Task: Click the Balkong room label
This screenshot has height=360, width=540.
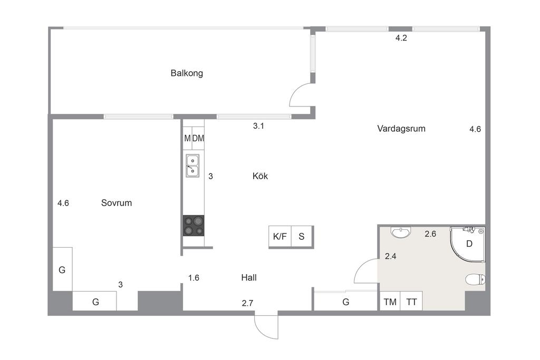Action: (187, 73)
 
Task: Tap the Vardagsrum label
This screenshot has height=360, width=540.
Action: (401, 128)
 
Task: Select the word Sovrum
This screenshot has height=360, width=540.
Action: (117, 202)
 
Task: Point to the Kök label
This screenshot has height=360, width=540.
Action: (260, 176)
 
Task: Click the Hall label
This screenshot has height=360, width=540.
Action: (249, 277)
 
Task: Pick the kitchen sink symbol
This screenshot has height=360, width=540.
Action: (192, 164)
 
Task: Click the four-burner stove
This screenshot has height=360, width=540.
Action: (194, 226)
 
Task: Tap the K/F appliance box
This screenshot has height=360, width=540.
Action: (280, 237)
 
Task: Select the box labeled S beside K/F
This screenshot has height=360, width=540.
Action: (302, 237)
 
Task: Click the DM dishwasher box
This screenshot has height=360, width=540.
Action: (198, 138)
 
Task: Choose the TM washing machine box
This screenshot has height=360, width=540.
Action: (390, 302)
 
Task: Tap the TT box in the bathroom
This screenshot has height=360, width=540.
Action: (411, 302)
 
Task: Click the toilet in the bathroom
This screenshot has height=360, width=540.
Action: (476, 279)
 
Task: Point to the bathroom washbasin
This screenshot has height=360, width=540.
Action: (401, 231)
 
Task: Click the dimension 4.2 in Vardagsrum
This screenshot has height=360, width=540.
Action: (401, 37)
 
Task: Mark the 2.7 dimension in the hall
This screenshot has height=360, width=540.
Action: (248, 303)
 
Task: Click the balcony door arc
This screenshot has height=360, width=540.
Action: (300, 95)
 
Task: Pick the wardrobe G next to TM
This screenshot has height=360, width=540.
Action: (346, 302)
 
